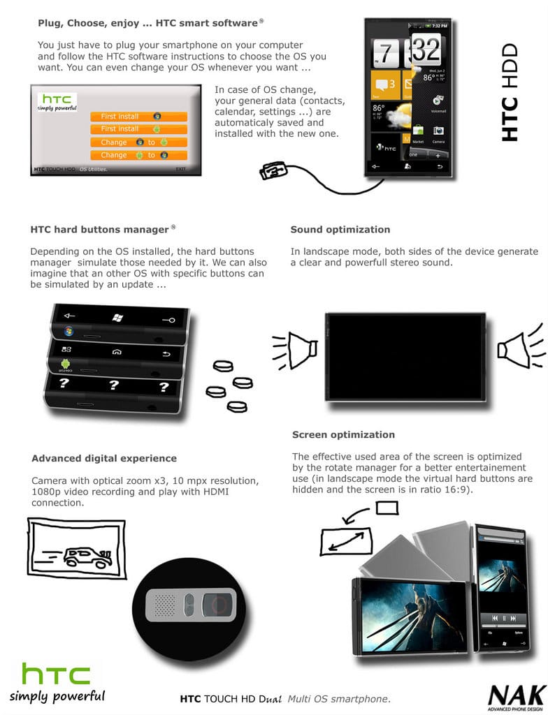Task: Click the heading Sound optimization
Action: pos(340,230)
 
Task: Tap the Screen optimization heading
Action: pos(343,434)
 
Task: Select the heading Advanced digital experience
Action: pos(103,459)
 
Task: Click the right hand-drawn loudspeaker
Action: pos(518,347)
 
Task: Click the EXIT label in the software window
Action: pos(181,169)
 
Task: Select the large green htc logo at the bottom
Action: pos(56,674)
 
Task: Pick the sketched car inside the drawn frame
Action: pos(87,556)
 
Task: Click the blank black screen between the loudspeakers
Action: pos(405,356)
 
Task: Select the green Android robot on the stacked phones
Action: pos(66,364)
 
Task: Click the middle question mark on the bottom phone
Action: pos(113,384)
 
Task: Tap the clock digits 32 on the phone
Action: pos(425,50)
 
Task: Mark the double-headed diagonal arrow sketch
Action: pos(347,540)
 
